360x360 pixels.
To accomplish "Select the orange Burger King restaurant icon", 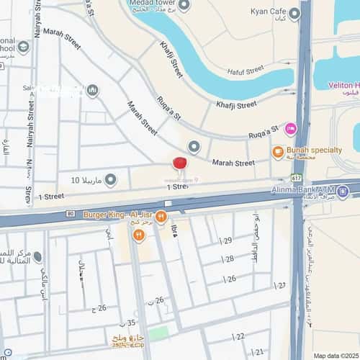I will [161, 215].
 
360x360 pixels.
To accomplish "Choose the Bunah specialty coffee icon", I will [278, 152].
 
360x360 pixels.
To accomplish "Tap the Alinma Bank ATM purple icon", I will [343, 191].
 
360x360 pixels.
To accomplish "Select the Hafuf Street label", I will [245, 71].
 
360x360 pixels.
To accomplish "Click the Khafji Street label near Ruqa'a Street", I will [236, 105].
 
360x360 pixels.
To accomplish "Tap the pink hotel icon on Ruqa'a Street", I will [290, 129].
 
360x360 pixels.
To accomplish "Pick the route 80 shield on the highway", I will [71, 214].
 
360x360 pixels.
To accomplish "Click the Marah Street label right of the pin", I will [233, 163].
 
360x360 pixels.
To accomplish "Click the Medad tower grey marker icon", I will [184, 6].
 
